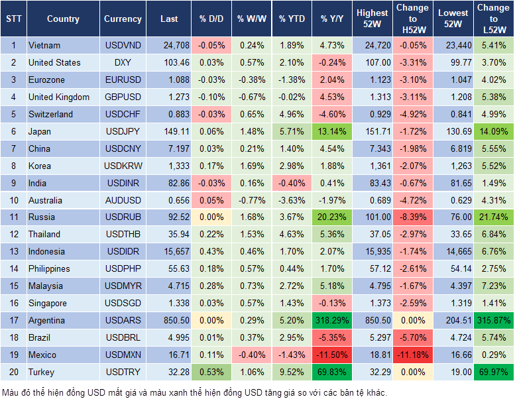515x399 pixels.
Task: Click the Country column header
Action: point(63,19)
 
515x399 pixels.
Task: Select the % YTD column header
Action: point(292,19)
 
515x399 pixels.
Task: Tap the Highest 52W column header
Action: point(372,19)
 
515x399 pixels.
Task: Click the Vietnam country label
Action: point(44,46)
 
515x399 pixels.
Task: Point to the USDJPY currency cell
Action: point(122,132)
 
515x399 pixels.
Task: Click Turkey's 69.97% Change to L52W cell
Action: point(494,372)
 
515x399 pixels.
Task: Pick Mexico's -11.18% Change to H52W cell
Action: point(412,355)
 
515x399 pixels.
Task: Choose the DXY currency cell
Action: point(122,63)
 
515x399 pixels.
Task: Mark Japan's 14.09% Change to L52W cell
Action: point(494,132)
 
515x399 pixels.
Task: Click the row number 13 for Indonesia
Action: point(13,252)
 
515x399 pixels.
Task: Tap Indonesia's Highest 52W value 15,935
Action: point(372,252)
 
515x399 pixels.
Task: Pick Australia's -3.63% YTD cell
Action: point(292,200)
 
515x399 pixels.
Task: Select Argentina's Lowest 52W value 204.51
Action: point(453,321)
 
